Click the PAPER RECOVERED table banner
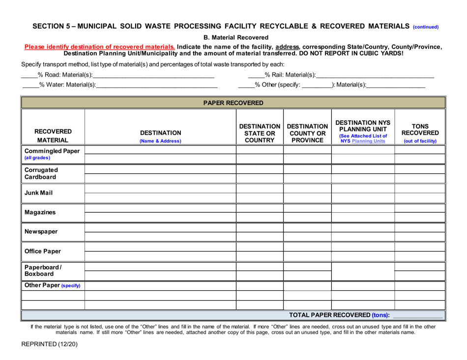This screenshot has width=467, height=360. (x=233, y=103)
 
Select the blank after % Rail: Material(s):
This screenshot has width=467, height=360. (x=375, y=75)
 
